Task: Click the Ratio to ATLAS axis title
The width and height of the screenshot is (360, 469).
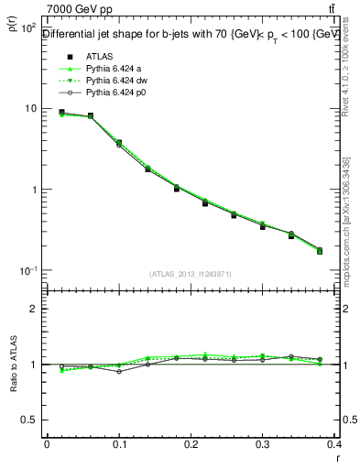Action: (x=13, y=367)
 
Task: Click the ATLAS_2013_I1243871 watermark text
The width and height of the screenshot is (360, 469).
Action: (x=191, y=275)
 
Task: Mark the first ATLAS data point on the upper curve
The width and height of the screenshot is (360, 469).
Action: (x=61, y=112)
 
